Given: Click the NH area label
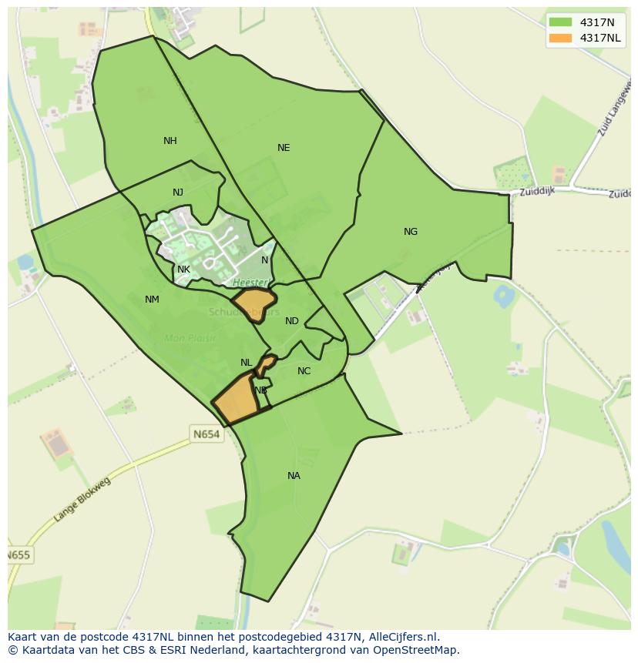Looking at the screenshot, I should coord(170,141).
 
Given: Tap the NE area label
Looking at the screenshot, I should coord(284,148).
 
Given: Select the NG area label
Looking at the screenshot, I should coord(411,232).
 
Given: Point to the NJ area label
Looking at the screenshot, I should coord(178,193).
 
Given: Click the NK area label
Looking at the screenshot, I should coord(183,270).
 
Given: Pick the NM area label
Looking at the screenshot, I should coord(152,300).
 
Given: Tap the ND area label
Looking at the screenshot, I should coord(292,321).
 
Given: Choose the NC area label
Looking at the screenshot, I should coord(304,371).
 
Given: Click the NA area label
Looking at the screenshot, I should coord(294,476).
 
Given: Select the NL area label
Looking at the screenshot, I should coord(246,363).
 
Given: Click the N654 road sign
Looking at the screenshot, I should coord(207,434).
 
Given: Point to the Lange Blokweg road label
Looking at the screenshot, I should coord(82,501).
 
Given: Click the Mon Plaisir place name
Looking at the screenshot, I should coord(190,338).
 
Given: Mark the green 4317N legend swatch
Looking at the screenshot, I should coord(560,22).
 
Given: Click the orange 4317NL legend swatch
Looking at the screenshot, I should coord(560,38).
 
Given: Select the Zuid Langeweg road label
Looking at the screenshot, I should coord(613,110).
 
